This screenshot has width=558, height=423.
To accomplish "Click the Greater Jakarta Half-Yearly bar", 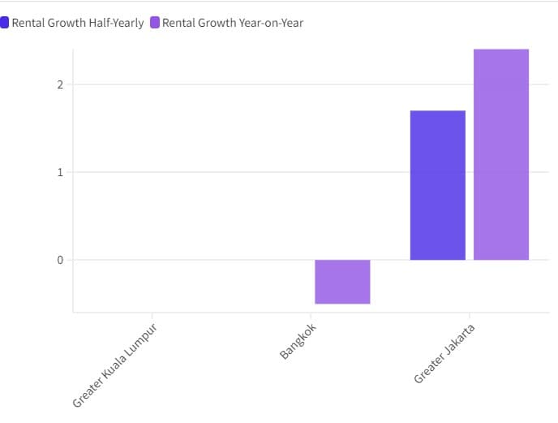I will [x=438, y=185].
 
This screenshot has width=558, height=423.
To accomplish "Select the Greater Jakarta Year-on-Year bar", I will [x=501, y=154].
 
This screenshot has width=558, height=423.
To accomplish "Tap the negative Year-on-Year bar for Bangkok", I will [x=342, y=282].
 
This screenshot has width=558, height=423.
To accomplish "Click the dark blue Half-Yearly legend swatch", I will [x=5, y=23].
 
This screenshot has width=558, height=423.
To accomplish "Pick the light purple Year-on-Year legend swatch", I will [x=155, y=23].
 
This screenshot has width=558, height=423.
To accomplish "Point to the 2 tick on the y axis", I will [x=60, y=84].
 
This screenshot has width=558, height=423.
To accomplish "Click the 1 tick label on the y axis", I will [x=60, y=172].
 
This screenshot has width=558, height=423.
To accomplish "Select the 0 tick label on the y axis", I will [x=60, y=260].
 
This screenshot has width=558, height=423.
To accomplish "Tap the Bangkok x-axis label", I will [x=298, y=342].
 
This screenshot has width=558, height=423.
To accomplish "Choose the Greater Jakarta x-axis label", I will [x=444, y=354].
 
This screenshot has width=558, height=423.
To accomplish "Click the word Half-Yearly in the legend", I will [x=114, y=23].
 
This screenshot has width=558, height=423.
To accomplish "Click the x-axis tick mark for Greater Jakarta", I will [x=470, y=315].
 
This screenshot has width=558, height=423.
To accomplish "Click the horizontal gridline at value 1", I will [x=243, y=172].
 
